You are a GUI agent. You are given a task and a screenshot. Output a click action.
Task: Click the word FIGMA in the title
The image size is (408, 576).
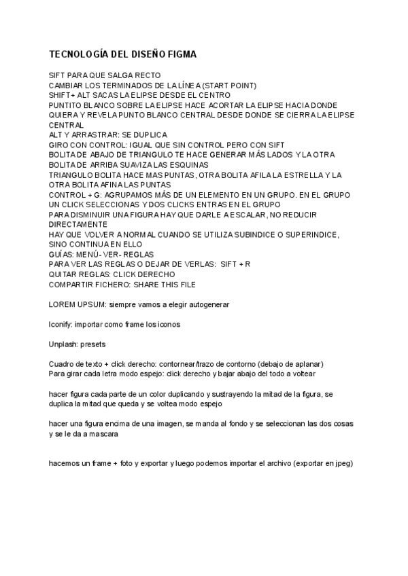[x=179, y=54]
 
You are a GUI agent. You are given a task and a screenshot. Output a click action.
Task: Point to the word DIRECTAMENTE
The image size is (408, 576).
[x=78, y=224]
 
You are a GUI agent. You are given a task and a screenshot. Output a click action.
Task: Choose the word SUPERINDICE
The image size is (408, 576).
[x=308, y=234]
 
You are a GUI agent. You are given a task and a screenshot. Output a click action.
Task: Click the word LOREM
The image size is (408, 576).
[x=64, y=304]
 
